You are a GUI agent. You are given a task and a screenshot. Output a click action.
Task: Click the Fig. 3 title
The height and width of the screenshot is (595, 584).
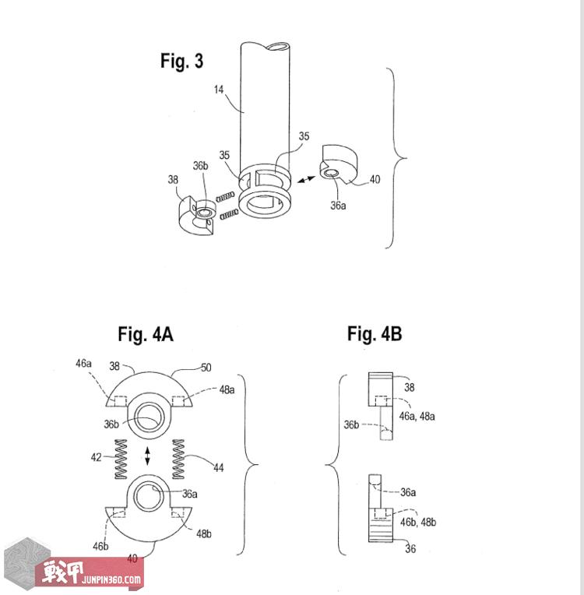tap(181, 61)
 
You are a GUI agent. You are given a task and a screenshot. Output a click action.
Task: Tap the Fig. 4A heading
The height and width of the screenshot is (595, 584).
tap(146, 334)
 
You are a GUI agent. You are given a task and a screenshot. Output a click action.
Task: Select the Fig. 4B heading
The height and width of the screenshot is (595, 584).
tap(375, 333)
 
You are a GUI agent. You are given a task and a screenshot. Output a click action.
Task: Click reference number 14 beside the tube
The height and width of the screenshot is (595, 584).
tap(219, 90)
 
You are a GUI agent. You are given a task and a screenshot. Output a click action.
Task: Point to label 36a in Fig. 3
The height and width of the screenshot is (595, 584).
tap(338, 206)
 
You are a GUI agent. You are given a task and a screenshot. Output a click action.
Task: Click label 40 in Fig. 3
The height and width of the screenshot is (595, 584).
tap(375, 179)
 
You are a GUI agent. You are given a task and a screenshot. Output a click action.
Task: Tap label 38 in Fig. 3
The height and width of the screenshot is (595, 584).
tap(173, 179)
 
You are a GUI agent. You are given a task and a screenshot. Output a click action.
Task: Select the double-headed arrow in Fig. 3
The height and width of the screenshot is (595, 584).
tap(306, 179)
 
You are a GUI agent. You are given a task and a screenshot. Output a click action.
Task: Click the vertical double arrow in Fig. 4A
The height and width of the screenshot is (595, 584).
tap(148, 456)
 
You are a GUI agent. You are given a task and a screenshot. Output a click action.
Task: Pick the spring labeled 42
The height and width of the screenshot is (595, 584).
tap(121, 459)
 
